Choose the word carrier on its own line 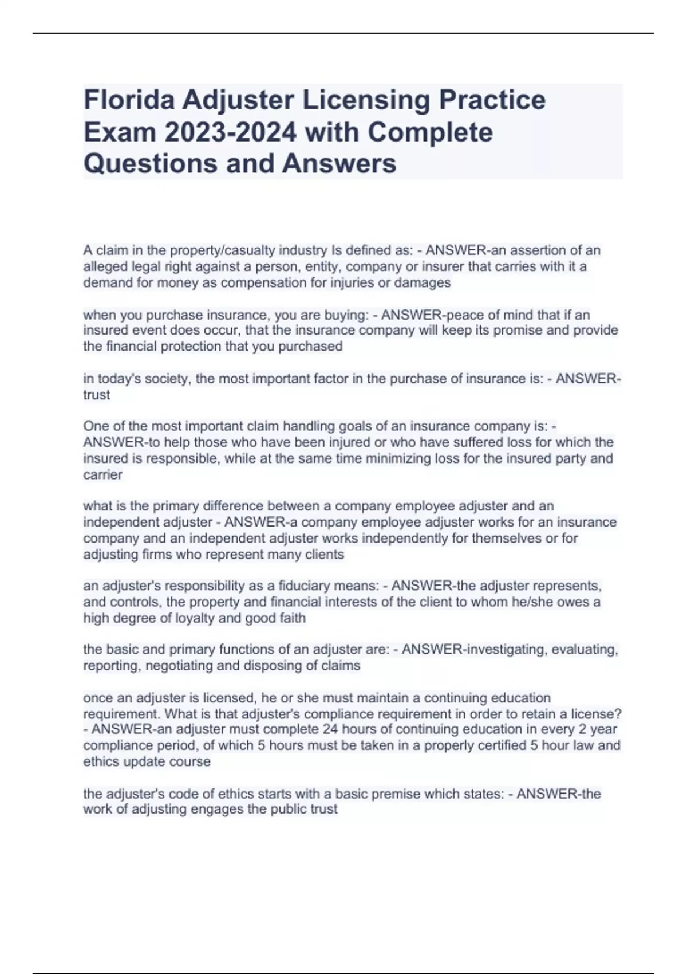[103, 474]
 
